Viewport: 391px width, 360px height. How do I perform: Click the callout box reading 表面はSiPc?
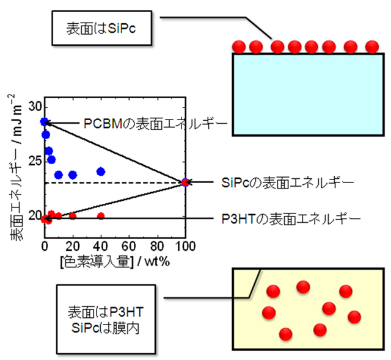click(98, 29)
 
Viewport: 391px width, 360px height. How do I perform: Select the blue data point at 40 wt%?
click(101, 171)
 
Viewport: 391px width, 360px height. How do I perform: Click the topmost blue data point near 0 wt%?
click(44, 121)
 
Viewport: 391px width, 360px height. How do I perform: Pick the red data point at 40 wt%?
click(101, 216)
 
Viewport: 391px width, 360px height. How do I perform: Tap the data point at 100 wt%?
click(185, 182)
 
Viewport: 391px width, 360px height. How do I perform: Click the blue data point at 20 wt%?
click(73, 175)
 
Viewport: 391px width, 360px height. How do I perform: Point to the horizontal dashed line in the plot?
click(122, 182)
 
